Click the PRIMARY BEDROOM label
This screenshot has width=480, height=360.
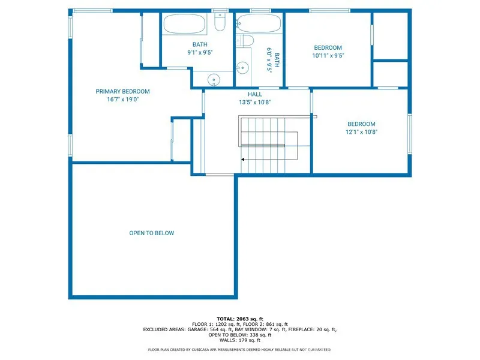pyautogui.click(x=122, y=92)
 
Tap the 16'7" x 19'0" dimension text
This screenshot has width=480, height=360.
pyautogui.click(x=122, y=100)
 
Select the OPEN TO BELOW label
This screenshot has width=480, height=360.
pyautogui.click(x=152, y=233)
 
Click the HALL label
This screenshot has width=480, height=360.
pyautogui.click(x=254, y=94)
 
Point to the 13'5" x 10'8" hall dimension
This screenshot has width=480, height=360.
pyautogui.click(x=254, y=102)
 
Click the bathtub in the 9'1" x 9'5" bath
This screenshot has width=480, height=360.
pyautogui.click(x=185, y=24)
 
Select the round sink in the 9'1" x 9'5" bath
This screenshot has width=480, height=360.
pyautogui.click(x=214, y=79)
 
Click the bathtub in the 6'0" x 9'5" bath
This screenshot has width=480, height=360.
pyautogui.click(x=259, y=24)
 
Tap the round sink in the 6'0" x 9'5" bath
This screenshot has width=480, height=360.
pyautogui.click(x=242, y=67)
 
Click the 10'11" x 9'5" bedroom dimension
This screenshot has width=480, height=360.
pyautogui.click(x=328, y=56)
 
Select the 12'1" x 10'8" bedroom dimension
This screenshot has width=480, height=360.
pyautogui.click(x=361, y=132)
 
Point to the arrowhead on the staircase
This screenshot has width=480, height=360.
pyautogui.click(x=243, y=160)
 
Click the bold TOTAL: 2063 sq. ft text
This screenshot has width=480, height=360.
pyautogui.click(x=240, y=319)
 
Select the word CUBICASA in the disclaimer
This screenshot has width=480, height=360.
pyautogui.click(x=208, y=349)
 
